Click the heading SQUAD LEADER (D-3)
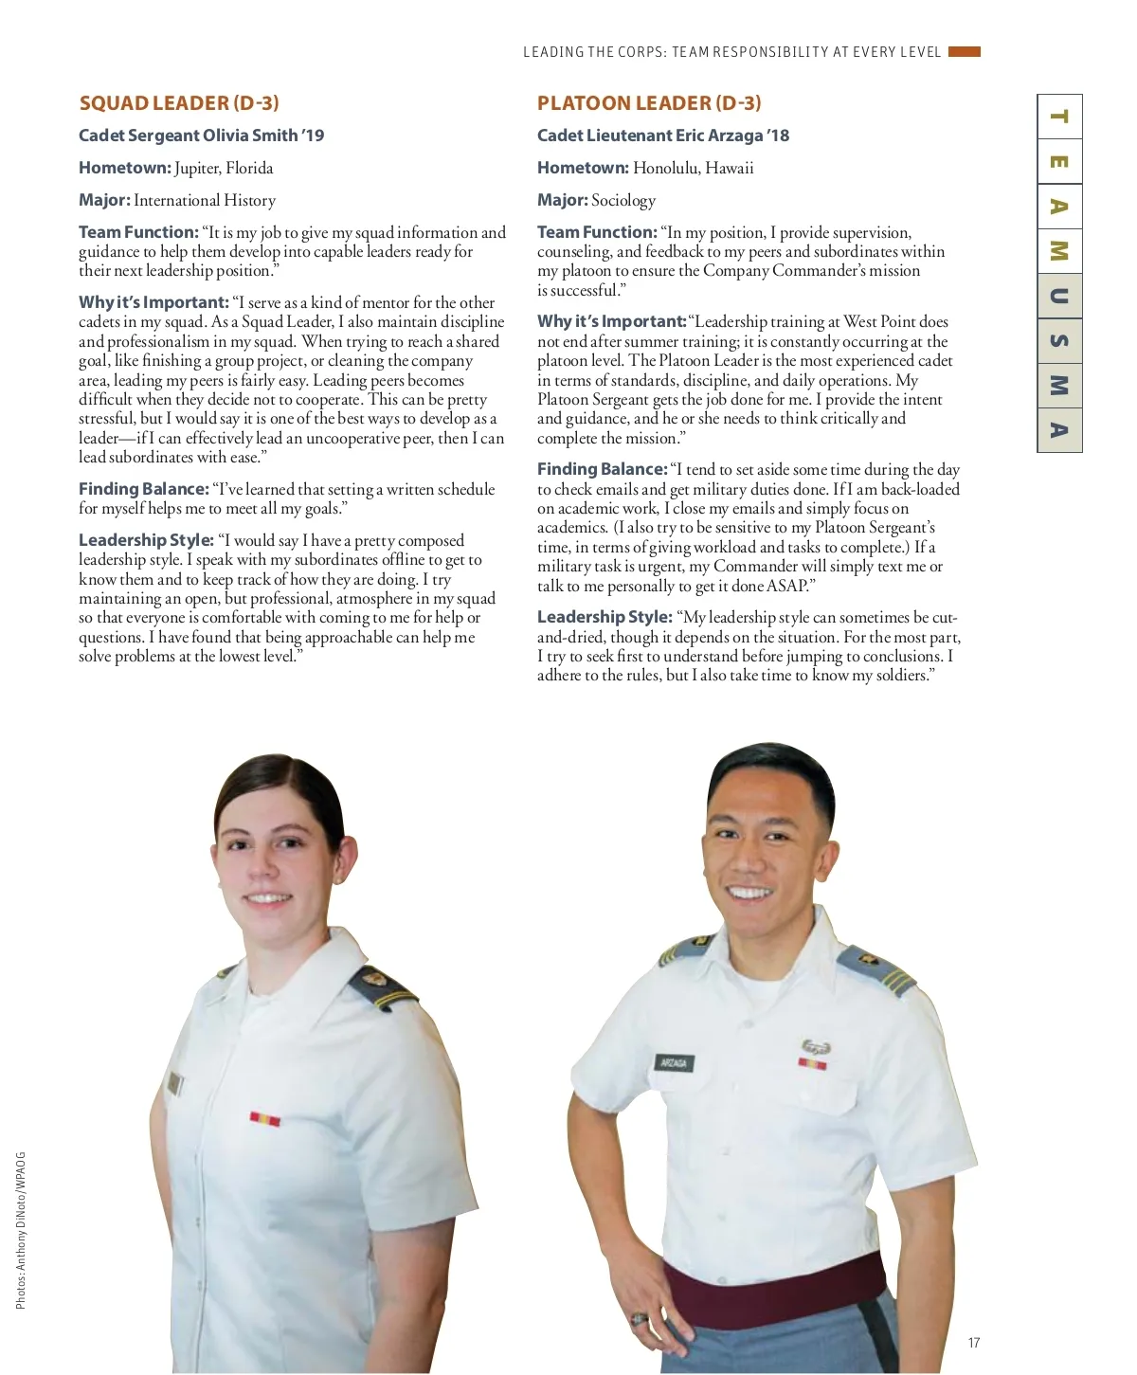pyautogui.click(x=179, y=103)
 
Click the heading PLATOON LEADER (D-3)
pyautogui.click(x=649, y=103)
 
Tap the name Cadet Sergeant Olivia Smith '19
pyautogui.click(x=201, y=136)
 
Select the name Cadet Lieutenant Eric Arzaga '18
pyautogui.click(x=662, y=136)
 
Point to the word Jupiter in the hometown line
pyautogui.click(x=196, y=169)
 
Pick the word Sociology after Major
pyautogui.click(x=623, y=201)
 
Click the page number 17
pyautogui.click(x=974, y=1343)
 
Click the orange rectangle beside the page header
pyautogui.click(x=965, y=52)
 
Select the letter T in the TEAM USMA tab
pyautogui.click(x=1059, y=117)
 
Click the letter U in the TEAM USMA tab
pyautogui.click(x=1059, y=296)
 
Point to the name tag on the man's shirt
pyautogui.click(x=674, y=1062)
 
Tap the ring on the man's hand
pyautogui.click(x=639, y=1318)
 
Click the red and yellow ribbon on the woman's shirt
pyautogui.click(x=265, y=1119)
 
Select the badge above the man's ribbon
pyautogui.click(x=815, y=1046)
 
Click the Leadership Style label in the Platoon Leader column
pyautogui.click(x=605, y=617)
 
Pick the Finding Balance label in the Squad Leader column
pyautogui.click(x=143, y=489)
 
